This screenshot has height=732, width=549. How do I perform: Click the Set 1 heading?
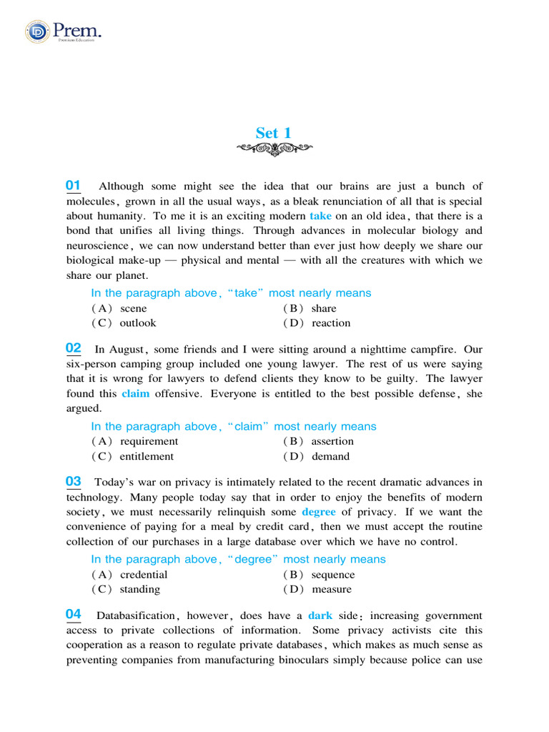(274, 133)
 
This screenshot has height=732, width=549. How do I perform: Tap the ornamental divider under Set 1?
(274, 148)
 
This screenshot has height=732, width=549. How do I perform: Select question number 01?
(73, 186)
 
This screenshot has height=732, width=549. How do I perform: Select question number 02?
(73, 348)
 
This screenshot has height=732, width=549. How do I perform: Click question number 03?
(73, 482)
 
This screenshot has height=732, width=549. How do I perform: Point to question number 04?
(73, 614)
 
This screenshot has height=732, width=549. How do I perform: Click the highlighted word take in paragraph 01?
(321, 216)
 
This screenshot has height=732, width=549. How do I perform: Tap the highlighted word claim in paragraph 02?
(136, 393)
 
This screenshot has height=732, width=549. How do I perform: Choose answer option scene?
(133, 309)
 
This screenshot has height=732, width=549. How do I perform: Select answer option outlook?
(137, 323)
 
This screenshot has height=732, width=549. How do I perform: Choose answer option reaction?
(331, 323)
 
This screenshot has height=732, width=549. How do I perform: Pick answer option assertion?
(332, 442)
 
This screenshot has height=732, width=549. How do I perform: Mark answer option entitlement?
(147, 457)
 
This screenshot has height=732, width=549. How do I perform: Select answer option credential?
(144, 575)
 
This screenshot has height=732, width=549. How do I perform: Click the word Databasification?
(136, 615)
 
